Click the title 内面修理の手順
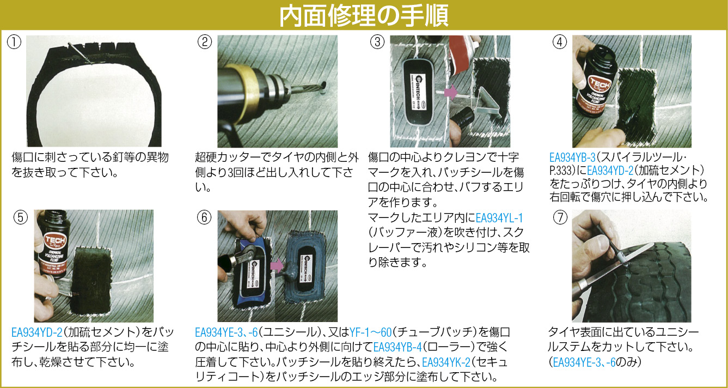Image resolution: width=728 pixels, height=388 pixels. (x=364, y=15)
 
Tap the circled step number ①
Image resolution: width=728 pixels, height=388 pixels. (x=14, y=43)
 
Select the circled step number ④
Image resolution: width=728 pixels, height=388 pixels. (x=560, y=43)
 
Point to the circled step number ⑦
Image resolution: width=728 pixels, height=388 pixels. (x=560, y=217)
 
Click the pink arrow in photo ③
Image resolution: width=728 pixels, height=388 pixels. (x=450, y=92)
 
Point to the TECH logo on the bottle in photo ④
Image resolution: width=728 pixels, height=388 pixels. (x=600, y=84)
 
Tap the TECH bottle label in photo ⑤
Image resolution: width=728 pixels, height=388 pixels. (x=53, y=253)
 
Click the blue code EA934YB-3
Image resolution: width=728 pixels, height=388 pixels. (x=572, y=157)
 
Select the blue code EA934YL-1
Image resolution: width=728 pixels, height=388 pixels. (x=499, y=217)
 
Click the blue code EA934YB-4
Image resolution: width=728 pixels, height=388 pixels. (x=397, y=347)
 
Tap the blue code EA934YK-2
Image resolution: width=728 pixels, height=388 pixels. (x=446, y=362)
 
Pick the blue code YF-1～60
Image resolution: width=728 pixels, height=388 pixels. (x=371, y=332)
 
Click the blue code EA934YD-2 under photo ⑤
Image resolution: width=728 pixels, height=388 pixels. (x=36, y=332)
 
